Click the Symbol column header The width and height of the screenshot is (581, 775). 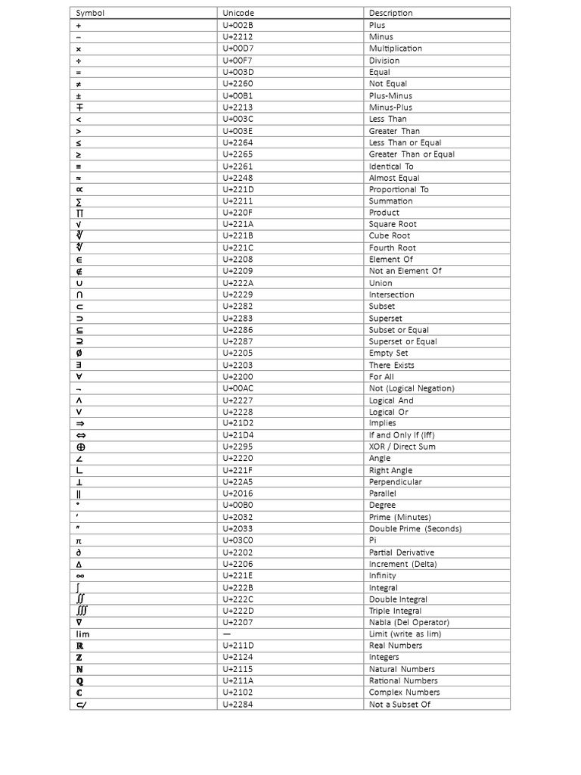(x=90, y=13)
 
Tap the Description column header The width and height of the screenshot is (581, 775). (x=391, y=13)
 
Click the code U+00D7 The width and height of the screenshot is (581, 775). (x=238, y=48)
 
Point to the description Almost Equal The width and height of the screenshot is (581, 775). (x=394, y=178)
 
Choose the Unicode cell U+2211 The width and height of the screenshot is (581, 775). (x=238, y=201)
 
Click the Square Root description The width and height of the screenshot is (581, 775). (x=393, y=224)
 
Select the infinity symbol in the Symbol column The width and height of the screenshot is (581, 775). (x=79, y=576)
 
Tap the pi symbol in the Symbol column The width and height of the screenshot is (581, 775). (x=79, y=540)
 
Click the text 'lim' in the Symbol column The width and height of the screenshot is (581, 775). (x=82, y=634)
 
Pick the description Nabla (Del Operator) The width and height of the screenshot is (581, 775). (x=409, y=622)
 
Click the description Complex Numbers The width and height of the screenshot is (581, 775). (x=404, y=693)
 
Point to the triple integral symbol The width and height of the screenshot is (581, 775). (x=82, y=611)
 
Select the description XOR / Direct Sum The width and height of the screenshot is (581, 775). (x=402, y=447)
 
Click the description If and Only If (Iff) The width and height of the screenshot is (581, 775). (x=402, y=435)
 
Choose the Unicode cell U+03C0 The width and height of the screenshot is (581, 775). (x=238, y=540)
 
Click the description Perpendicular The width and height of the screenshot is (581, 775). (x=396, y=481)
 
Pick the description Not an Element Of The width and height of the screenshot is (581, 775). (x=405, y=271)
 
